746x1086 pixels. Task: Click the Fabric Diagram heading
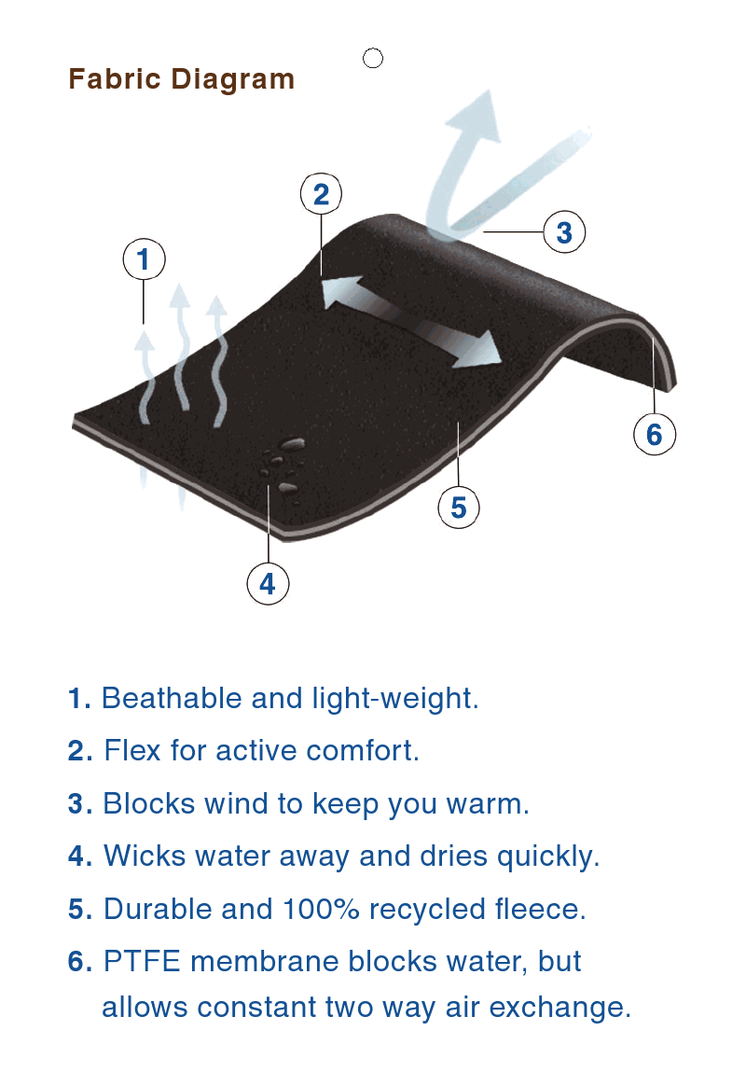coord(181,79)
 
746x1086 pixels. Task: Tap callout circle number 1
coord(144,259)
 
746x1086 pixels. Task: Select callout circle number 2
coord(321,194)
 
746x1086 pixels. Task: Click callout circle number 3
coord(565,232)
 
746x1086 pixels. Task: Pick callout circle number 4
coord(268,584)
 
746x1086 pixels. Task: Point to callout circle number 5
coord(459,507)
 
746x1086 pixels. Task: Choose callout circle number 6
coord(655,434)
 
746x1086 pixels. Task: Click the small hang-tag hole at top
coord(373,59)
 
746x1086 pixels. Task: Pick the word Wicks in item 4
coord(145,856)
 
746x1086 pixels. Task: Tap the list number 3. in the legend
coord(80,804)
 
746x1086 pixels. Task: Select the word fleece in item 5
coord(541,910)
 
